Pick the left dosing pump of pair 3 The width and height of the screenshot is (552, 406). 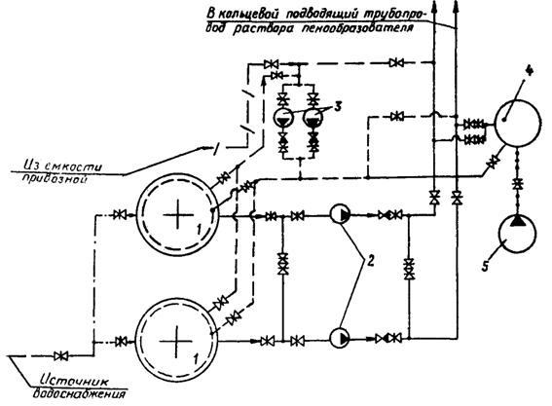click(x=284, y=118)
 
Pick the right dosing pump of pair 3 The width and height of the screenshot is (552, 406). click(x=313, y=118)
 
